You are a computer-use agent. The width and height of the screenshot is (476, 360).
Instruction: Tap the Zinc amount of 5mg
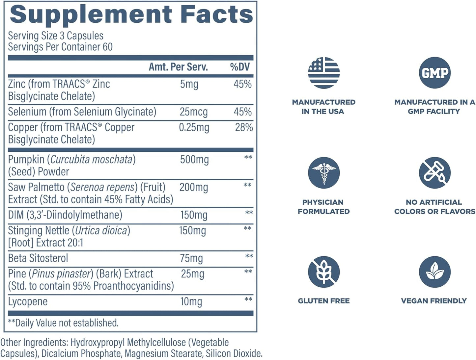click(x=189, y=84)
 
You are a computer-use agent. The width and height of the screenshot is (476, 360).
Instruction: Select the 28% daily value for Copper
click(x=244, y=127)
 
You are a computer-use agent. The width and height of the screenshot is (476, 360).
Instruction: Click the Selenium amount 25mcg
click(x=194, y=112)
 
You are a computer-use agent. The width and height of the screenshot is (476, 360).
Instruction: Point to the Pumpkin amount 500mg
click(x=194, y=160)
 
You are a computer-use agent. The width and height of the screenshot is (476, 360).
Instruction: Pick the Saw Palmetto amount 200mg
click(x=194, y=187)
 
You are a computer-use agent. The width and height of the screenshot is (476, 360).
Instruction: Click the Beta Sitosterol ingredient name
click(x=38, y=258)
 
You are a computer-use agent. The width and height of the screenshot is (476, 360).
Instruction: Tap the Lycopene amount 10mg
click(x=191, y=301)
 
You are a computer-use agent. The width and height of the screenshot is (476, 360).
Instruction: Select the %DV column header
click(x=240, y=67)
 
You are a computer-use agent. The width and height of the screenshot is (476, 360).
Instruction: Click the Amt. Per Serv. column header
click(x=178, y=67)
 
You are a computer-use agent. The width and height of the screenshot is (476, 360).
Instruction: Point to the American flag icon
click(x=323, y=73)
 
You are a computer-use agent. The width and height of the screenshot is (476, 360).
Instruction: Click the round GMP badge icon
click(x=434, y=73)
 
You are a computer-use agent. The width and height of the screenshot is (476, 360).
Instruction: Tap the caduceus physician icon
click(x=323, y=173)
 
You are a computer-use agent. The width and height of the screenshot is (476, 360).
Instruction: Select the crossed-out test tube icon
click(x=434, y=173)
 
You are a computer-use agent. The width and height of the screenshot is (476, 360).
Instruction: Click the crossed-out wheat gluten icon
click(x=323, y=272)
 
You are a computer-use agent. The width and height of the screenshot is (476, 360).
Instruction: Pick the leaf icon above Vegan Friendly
click(x=434, y=272)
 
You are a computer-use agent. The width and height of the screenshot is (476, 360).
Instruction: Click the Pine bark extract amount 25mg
click(x=192, y=274)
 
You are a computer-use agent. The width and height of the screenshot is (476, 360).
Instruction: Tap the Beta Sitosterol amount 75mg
click(x=191, y=258)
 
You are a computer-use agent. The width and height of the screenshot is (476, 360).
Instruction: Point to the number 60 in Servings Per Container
click(x=107, y=47)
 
